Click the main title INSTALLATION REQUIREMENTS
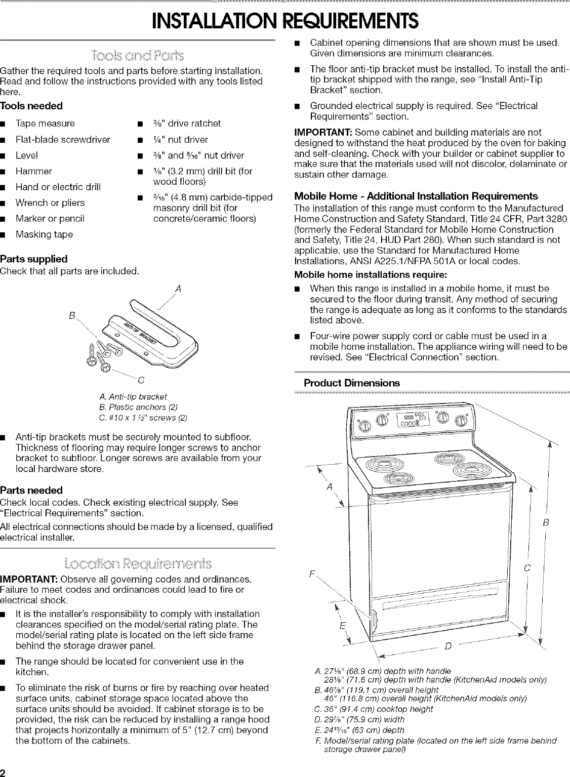coord(285,21)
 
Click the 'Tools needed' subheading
coord(31,106)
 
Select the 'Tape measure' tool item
coord(45,124)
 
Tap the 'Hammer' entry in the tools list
coord(34,171)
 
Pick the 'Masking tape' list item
coord(44,234)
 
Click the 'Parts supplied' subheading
coord(34,259)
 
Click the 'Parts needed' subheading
coord(32,490)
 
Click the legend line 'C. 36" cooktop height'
coord(374,709)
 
